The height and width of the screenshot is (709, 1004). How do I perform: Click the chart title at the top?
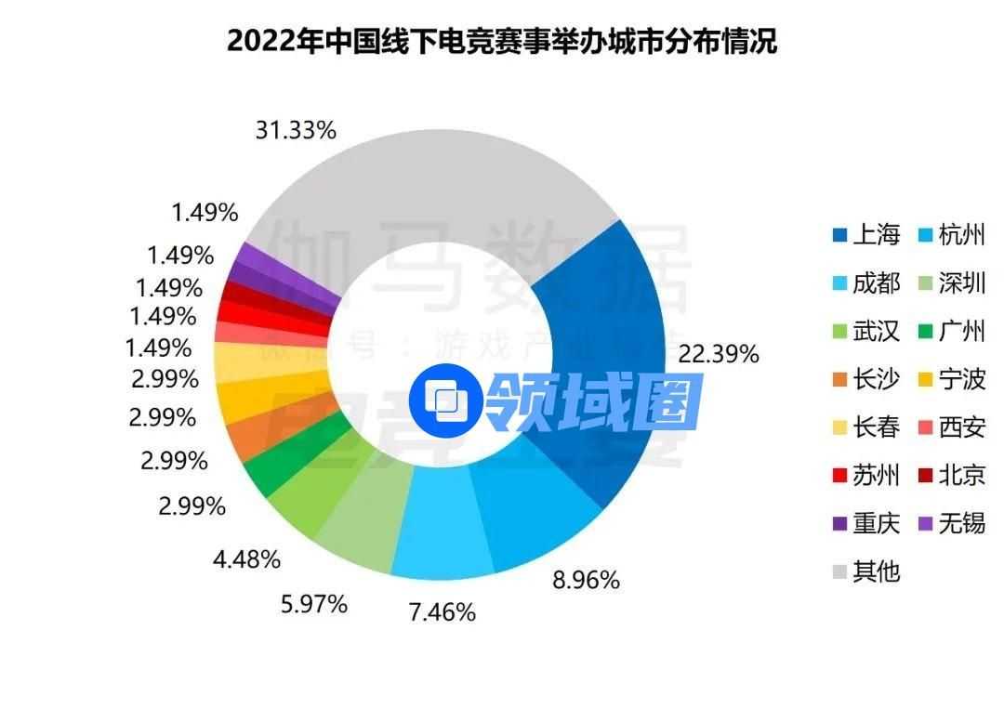click(502, 42)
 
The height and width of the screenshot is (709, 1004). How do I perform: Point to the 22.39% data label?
click(719, 354)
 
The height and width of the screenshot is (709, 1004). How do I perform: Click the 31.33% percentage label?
click(295, 131)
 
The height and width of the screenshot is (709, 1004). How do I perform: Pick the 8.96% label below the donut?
click(585, 581)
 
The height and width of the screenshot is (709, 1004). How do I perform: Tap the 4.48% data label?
click(245, 559)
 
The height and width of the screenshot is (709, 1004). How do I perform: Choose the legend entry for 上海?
click(866, 234)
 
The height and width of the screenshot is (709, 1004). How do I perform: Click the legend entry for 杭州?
click(952, 234)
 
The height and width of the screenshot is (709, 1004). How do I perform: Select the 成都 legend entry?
click(866, 282)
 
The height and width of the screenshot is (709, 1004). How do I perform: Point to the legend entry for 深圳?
click(952, 282)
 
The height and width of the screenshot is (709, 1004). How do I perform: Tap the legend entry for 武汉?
click(866, 331)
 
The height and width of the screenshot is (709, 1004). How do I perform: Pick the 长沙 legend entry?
click(866, 379)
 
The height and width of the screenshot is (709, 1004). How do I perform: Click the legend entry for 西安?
click(952, 427)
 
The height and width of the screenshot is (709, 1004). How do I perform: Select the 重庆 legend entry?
click(866, 524)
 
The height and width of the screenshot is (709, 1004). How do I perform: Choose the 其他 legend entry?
click(866, 571)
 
